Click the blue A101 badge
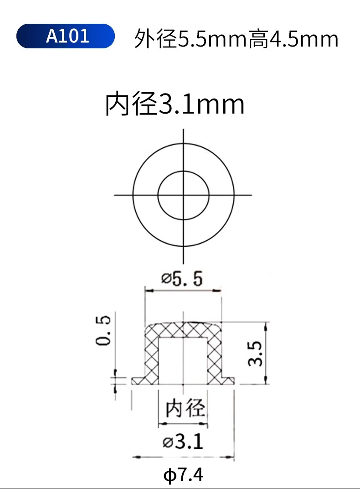66,36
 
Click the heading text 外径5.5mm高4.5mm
236,39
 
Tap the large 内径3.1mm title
175,104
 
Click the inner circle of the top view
158,196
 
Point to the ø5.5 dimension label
182,279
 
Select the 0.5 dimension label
103,330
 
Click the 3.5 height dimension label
255,353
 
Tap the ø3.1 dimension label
183,442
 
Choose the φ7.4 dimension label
183,475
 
